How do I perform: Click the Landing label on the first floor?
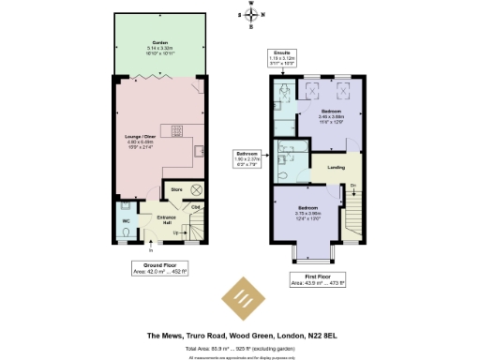[x=335, y=168]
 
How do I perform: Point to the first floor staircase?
[x=357, y=216]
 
